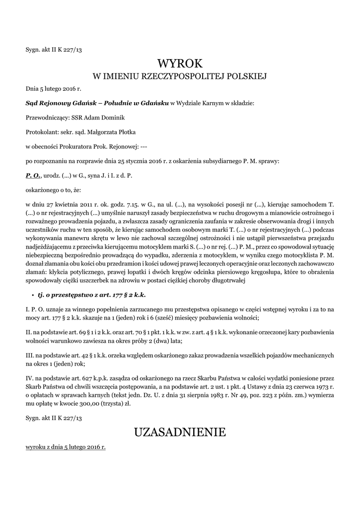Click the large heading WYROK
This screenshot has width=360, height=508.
click(x=180, y=63)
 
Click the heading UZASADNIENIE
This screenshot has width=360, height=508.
click(x=180, y=432)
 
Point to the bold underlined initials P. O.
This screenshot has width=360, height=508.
click(x=33, y=176)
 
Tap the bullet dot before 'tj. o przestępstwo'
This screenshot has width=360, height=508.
click(x=32, y=295)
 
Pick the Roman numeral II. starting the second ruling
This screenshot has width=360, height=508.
click(x=29, y=331)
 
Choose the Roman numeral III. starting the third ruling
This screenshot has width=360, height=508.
click(x=30, y=356)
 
